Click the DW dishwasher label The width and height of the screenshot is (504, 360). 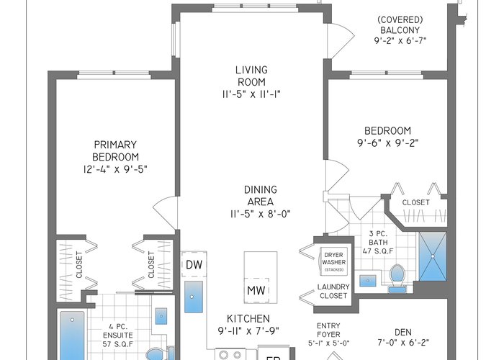coord(194,264)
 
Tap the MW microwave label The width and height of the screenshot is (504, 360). coord(256,290)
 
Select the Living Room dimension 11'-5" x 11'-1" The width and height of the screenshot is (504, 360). coord(251,94)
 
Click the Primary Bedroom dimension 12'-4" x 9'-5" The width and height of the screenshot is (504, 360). coord(115,169)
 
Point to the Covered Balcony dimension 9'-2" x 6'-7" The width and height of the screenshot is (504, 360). coord(400,41)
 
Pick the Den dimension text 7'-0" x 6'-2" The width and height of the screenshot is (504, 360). coord(403,342)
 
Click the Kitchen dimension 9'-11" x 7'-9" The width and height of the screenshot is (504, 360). coord(248,330)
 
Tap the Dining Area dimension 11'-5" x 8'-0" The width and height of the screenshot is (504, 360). coord(261,214)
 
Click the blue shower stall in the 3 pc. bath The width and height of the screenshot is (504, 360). coord(433,256)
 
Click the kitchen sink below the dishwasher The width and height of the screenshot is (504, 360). coord(194,297)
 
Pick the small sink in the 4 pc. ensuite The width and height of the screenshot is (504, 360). coord(161,316)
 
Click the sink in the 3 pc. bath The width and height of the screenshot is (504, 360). coord(368,281)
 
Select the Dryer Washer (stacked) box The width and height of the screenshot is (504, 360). coord(333,261)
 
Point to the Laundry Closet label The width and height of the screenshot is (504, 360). coord(333,291)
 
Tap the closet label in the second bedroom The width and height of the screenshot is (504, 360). coord(415,202)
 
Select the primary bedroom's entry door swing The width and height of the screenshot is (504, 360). coord(165,212)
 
